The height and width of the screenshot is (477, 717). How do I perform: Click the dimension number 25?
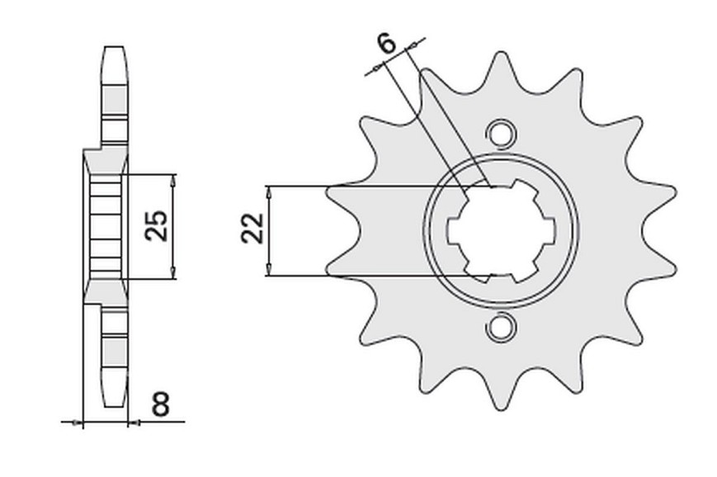[x=156, y=226]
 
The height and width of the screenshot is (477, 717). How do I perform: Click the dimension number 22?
[x=252, y=229]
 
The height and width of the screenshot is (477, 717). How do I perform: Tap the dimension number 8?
[x=161, y=404]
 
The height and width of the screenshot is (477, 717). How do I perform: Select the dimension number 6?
[x=387, y=45]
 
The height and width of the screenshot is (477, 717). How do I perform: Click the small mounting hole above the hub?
[x=501, y=134]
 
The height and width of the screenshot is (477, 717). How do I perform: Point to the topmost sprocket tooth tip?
[x=501, y=53]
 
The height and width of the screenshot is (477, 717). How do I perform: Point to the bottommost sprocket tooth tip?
[x=501, y=408]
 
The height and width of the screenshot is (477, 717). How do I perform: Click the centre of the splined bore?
[x=501, y=230]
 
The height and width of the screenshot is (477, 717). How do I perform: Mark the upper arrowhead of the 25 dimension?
[x=172, y=181]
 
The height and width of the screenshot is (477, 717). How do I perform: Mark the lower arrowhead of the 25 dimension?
[x=172, y=272]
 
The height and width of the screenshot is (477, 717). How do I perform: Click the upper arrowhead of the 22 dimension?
[x=269, y=193]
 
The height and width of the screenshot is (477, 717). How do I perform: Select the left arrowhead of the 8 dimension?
[x=77, y=422]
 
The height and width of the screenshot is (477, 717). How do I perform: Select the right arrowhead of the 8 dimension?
[x=134, y=423]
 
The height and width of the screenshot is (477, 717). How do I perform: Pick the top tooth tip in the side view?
[x=114, y=47]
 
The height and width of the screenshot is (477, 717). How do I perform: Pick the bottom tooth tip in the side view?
[x=114, y=406]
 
